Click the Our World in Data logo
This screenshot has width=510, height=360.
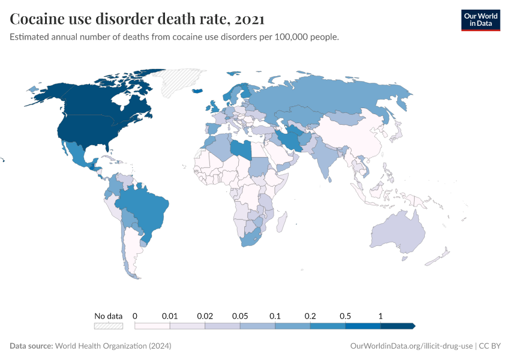[x=480, y=20]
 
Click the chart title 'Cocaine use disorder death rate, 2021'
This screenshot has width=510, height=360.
[x=137, y=19]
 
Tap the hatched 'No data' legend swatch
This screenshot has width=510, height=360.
[x=108, y=326]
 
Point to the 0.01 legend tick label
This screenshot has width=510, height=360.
[x=170, y=316]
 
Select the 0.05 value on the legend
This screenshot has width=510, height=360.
[x=241, y=316]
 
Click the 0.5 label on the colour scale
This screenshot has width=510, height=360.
[x=346, y=316]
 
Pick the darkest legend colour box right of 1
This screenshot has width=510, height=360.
[x=397, y=326]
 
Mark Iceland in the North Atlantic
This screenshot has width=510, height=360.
[x=197, y=91]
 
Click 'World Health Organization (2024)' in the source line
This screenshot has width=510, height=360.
[x=113, y=346]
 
